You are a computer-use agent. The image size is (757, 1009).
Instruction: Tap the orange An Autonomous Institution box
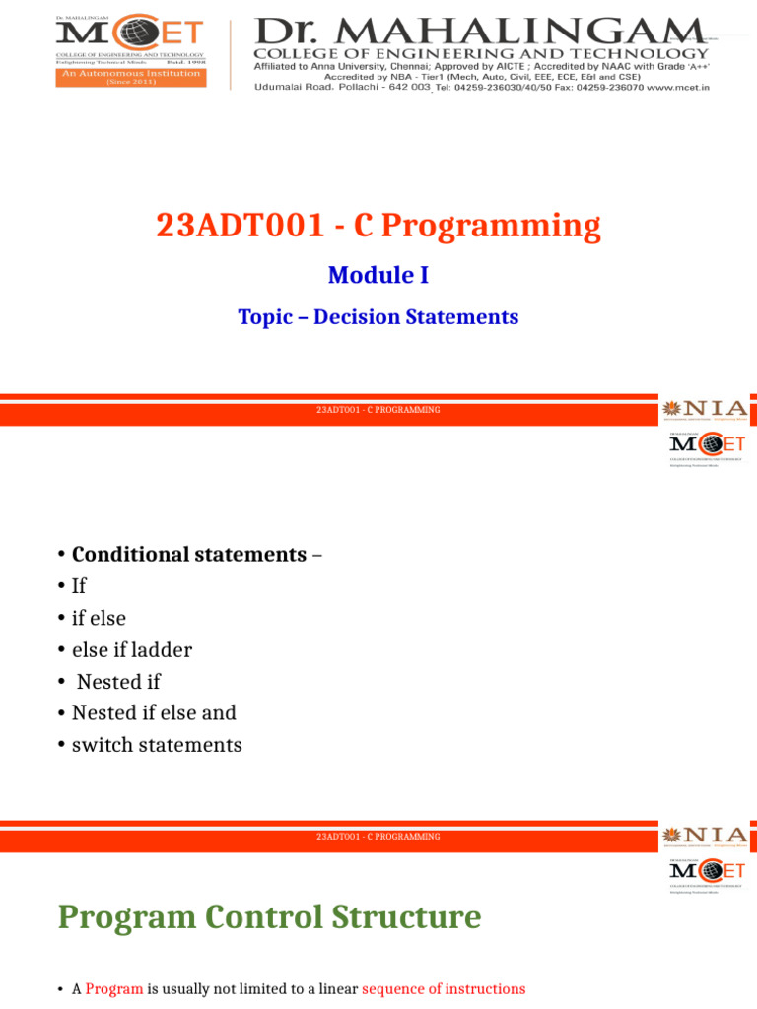point(130,77)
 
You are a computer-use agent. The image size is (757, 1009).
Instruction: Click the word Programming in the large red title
point(490,226)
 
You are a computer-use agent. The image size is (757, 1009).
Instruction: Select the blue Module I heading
point(378,275)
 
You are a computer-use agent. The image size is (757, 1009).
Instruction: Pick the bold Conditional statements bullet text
point(188,554)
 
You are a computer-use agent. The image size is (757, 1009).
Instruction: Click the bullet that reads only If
point(79,586)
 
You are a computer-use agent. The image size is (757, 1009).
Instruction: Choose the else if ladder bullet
point(131,650)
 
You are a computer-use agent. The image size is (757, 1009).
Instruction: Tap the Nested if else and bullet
point(154,712)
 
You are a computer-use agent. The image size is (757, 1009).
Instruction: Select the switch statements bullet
point(157,745)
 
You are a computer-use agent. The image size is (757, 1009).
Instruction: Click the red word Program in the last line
point(114,988)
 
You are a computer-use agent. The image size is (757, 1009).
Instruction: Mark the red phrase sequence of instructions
point(444,988)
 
